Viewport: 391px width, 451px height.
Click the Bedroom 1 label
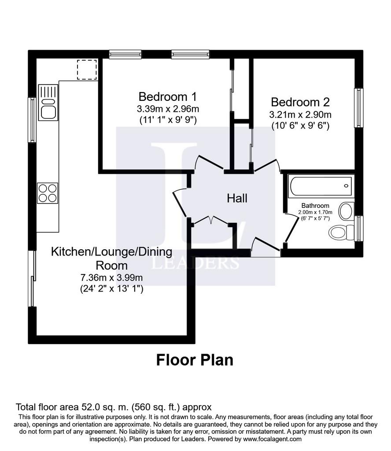click(x=168, y=96)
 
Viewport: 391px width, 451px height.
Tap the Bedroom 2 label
click(x=300, y=102)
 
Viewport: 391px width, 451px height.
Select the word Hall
click(x=237, y=198)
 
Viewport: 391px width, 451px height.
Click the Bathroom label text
click(x=315, y=205)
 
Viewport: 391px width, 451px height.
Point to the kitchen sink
click(x=48, y=102)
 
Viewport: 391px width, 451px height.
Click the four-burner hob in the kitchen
click(x=48, y=193)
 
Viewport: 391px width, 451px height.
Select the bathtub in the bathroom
click(x=321, y=186)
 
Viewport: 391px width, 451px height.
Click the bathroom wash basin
click(x=347, y=211)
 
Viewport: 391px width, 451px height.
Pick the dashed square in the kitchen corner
click(x=87, y=70)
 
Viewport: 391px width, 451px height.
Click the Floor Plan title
click(x=195, y=360)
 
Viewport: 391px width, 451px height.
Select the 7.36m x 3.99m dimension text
click(x=111, y=277)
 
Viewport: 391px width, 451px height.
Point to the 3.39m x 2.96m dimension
click(x=168, y=109)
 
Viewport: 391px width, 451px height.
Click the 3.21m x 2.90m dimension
click(x=300, y=115)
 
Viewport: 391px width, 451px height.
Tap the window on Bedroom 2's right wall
click(x=358, y=108)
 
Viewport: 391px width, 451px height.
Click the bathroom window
click(x=358, y=229)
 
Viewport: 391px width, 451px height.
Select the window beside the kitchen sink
click(x=32, y=120)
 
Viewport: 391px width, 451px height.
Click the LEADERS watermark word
click(x=195, y=262)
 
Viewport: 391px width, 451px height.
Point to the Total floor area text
click(x=114, y=407)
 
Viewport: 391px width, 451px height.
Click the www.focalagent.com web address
click(x=272, y=439)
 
